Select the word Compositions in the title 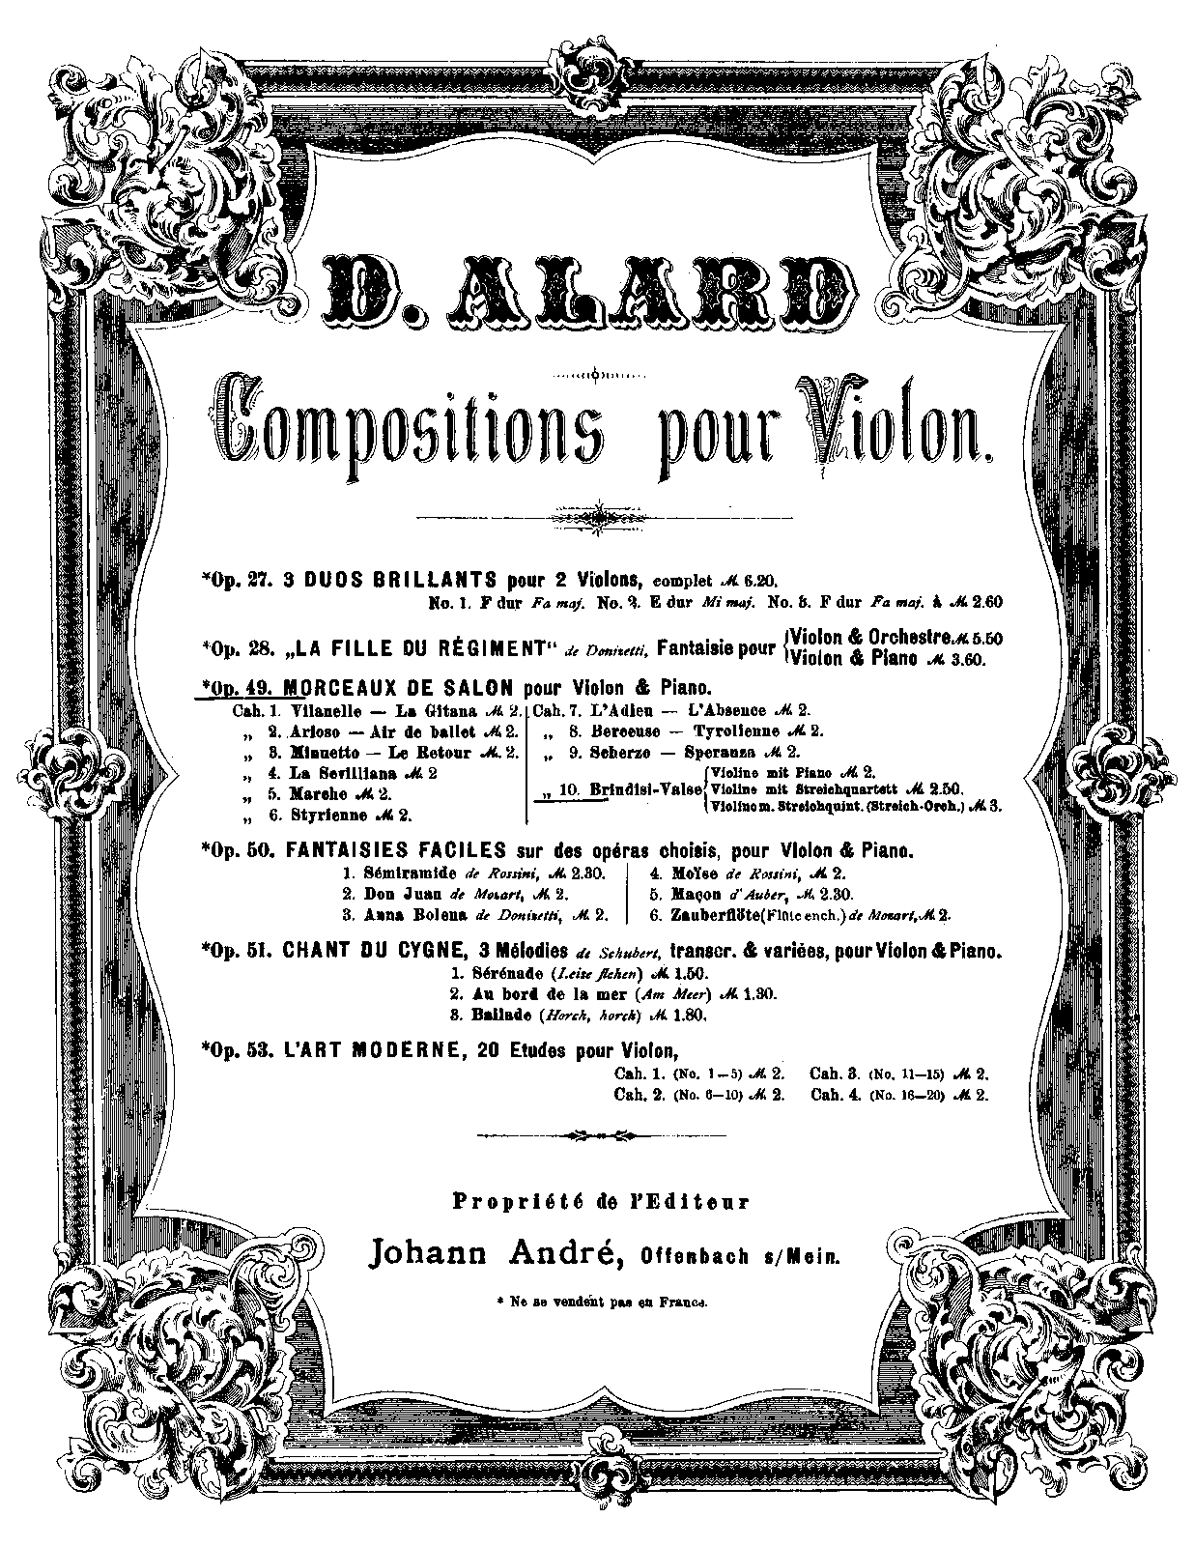coord(406,424)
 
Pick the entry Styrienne coord(328,815)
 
